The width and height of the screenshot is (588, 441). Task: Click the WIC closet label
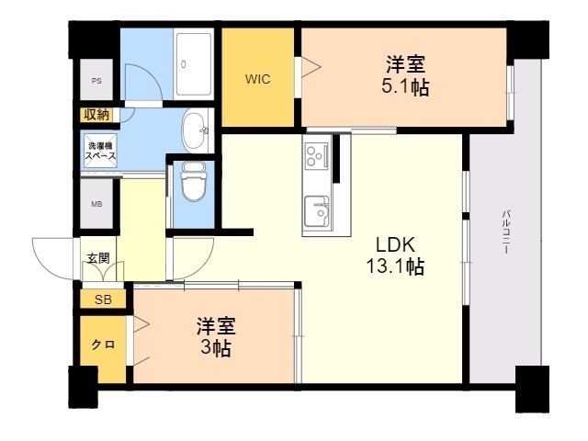point(256,78)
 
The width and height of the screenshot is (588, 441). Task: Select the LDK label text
point(396,245)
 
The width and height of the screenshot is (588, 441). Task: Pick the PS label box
point(96,81)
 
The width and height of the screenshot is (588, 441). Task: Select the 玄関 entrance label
point(97,258)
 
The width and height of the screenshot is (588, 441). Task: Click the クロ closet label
point(102,345)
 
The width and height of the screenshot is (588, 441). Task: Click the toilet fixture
point(193,182)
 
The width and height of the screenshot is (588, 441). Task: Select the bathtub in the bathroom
point(193,64)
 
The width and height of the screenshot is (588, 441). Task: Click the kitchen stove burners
point(318,155)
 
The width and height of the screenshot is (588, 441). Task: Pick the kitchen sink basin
point(319,211)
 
